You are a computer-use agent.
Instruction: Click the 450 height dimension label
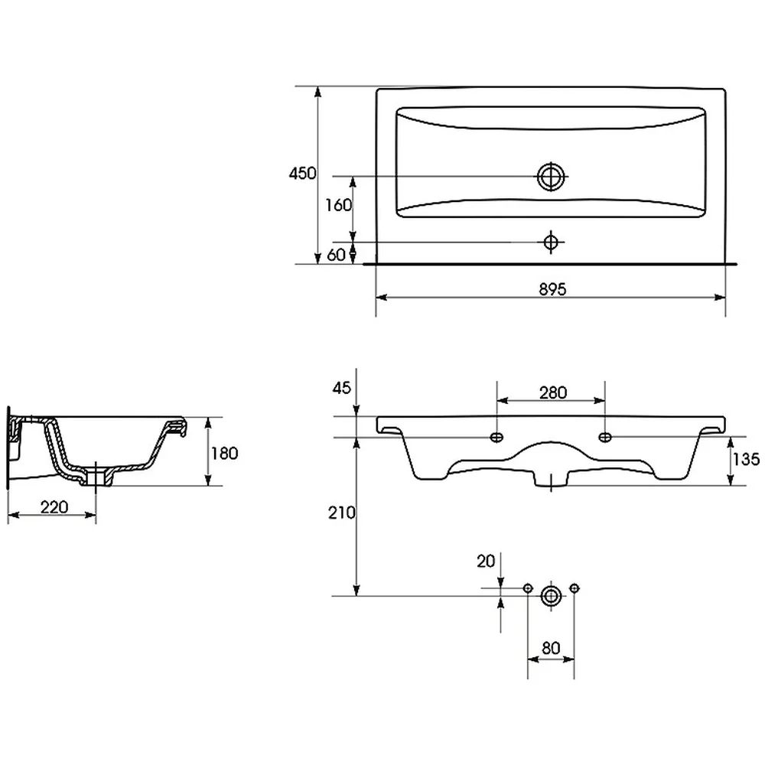click(302, 173)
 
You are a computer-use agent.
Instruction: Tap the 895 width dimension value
click(553, 289)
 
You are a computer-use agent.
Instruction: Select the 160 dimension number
click(339, 205)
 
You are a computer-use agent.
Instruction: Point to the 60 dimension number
click(336, 255)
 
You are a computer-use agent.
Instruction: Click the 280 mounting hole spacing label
click(553, 392)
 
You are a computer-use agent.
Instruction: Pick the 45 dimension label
click(341, 388)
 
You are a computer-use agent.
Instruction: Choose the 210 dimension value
click(341, 513)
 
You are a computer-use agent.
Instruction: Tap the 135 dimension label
click(747, 458)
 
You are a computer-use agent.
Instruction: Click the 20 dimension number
click(486, 562)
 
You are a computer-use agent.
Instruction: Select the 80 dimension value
click(551, 648)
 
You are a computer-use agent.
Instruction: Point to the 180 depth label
click(224, 453)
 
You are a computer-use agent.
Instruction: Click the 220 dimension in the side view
click(54, 507)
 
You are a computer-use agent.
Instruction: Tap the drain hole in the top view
click(551, 176)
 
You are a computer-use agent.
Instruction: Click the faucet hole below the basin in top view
click(551, 242)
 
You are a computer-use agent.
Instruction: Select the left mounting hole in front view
click(496, 437)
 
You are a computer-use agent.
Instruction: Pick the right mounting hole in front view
click(605, 437)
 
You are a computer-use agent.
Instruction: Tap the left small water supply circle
click(527, 588)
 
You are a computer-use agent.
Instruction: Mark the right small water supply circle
click(575, 588)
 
